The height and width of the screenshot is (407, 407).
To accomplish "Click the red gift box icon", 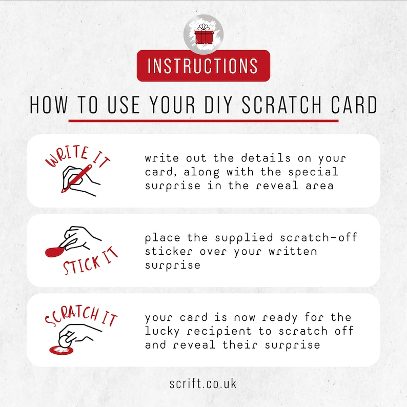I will [x=203, y=35].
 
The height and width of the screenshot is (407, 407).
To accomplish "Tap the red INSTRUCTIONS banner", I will [x=203, y=66].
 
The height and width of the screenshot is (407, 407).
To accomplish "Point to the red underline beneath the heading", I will [x=203, y=120].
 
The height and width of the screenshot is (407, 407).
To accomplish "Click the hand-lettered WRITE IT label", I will [x=77, y=156].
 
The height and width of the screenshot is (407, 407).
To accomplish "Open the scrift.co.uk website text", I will [x=203, y=383].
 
